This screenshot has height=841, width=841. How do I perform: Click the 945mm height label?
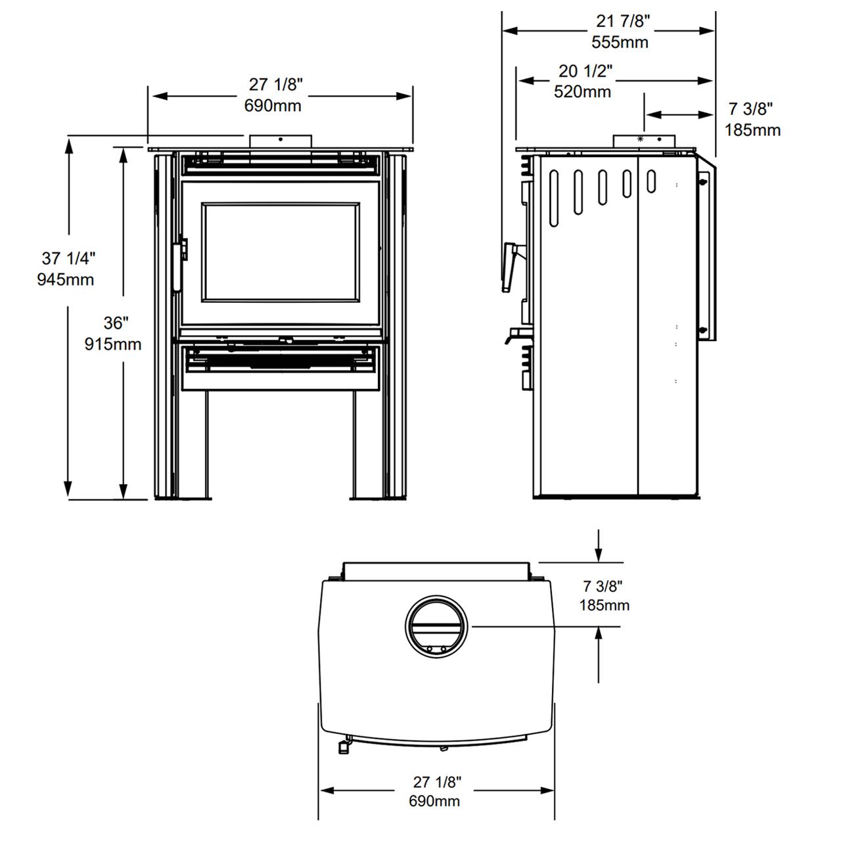click(66, 279)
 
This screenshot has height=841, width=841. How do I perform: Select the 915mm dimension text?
click(113, 344)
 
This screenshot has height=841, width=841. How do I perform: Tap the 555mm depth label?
click(620, 42)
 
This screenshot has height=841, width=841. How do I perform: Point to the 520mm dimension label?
click(582, 91)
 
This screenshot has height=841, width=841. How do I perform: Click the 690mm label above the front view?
click(273, 106)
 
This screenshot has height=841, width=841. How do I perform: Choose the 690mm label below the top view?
click(434, 801)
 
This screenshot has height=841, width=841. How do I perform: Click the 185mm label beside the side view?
click(752, 130)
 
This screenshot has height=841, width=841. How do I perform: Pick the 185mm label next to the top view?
click(604, 605)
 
